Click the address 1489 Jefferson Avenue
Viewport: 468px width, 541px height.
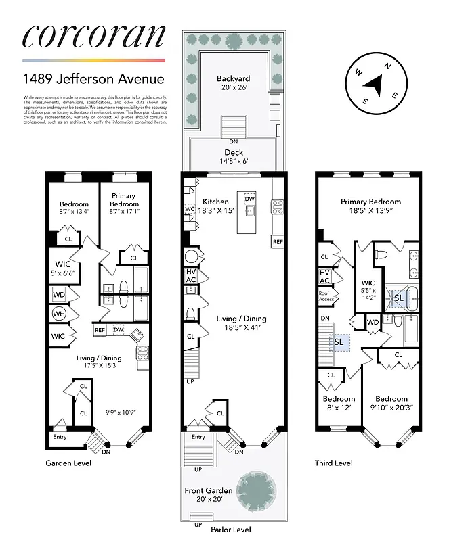(93, 79)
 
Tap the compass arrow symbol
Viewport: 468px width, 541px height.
(374, 85)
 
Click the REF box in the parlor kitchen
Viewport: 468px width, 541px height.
(278, 241)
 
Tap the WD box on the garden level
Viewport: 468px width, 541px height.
(58, 295)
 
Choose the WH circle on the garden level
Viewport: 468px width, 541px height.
(58, 314)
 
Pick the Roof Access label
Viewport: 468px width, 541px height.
(325, 296)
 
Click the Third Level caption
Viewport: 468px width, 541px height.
(333, 463)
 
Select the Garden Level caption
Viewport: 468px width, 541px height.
(68, 463)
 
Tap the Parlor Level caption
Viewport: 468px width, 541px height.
(231, 530)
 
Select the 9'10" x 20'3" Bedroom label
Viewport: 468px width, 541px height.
(391, 403)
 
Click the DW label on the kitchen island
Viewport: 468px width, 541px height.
(249, 199)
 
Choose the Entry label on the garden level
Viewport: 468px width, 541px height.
(60, 436)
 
